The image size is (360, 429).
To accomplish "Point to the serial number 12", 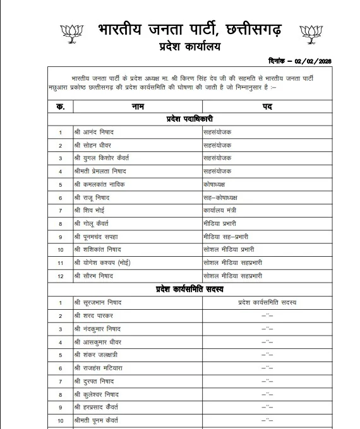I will point(61,276).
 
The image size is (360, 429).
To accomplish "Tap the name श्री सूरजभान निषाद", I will point(98,303).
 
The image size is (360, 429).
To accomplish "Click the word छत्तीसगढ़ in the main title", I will point(250,29).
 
